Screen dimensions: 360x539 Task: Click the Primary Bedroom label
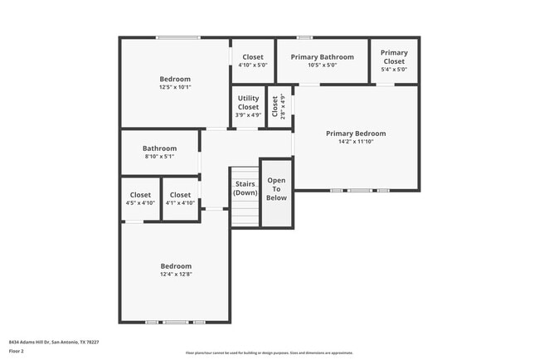(355, 134)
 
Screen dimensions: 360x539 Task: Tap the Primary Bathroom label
(322, 57)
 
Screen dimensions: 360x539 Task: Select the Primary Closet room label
(394, 56)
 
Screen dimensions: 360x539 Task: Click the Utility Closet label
(248, 102)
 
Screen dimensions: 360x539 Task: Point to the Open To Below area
(276, 189)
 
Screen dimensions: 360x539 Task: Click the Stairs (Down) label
(245, 188)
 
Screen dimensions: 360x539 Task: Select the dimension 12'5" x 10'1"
(175, 87)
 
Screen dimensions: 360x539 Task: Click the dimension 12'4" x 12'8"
(176, 274)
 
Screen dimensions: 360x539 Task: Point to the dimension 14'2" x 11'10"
(355, 142)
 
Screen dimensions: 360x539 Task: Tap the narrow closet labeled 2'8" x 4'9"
(279, 107)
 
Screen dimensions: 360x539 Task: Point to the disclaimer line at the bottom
(269, 353)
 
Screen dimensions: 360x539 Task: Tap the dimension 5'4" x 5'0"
(394, 70)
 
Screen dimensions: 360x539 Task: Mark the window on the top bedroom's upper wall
(178, 37)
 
